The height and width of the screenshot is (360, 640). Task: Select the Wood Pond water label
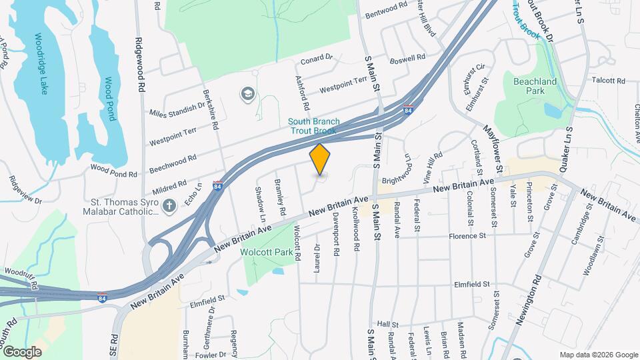[109, 99]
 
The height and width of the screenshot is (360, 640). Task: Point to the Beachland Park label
[535, 86]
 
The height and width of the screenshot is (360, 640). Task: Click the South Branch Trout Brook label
[314, 126]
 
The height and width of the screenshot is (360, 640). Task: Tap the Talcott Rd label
[608, 81]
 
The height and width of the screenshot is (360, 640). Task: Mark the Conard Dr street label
[316, 59]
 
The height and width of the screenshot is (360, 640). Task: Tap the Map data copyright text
[598, 355]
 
